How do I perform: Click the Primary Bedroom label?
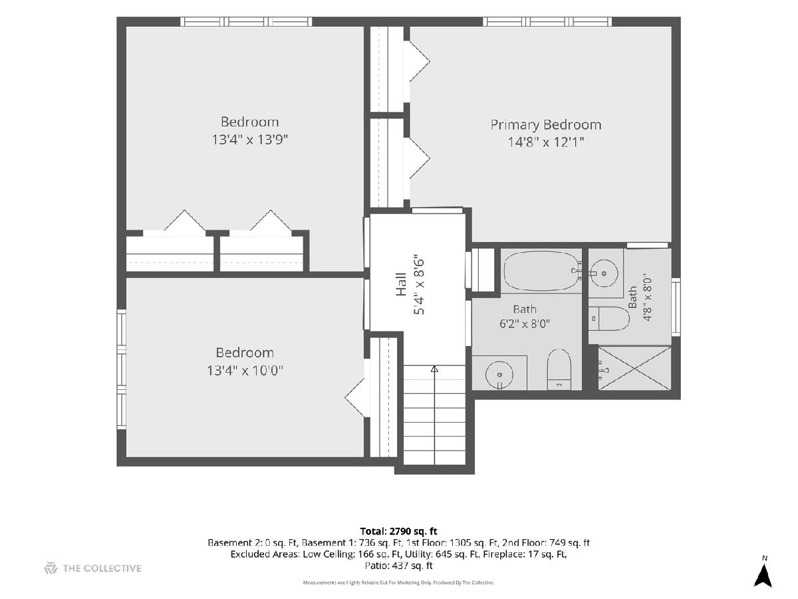(x=546, y=124)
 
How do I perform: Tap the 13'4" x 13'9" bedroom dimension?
(x=250, y=139)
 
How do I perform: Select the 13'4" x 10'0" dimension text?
(x=245, y=371)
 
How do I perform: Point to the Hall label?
(x=400, y=284)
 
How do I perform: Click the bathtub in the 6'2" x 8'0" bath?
(x=541, y=271)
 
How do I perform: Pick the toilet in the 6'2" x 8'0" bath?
(x=559, y=369)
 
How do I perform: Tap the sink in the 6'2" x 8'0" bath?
(x=499, y=374)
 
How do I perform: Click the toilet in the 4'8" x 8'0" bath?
(x=608, y=319)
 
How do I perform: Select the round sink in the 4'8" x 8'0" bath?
(x=604, y=273)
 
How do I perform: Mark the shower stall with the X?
(x=634, y=367)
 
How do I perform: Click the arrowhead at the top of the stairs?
(x=434, y=369)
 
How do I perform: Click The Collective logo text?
(x=102, y=568)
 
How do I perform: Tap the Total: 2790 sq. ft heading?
(x=398, y=531)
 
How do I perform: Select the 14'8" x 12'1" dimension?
(x=546, y=142)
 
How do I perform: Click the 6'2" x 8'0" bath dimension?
(x=524, y=323)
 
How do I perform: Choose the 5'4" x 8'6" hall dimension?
(x=419, y=287)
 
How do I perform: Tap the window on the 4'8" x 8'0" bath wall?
(x=676, y=307)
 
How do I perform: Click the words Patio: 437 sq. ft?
(x=398, y=566)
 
